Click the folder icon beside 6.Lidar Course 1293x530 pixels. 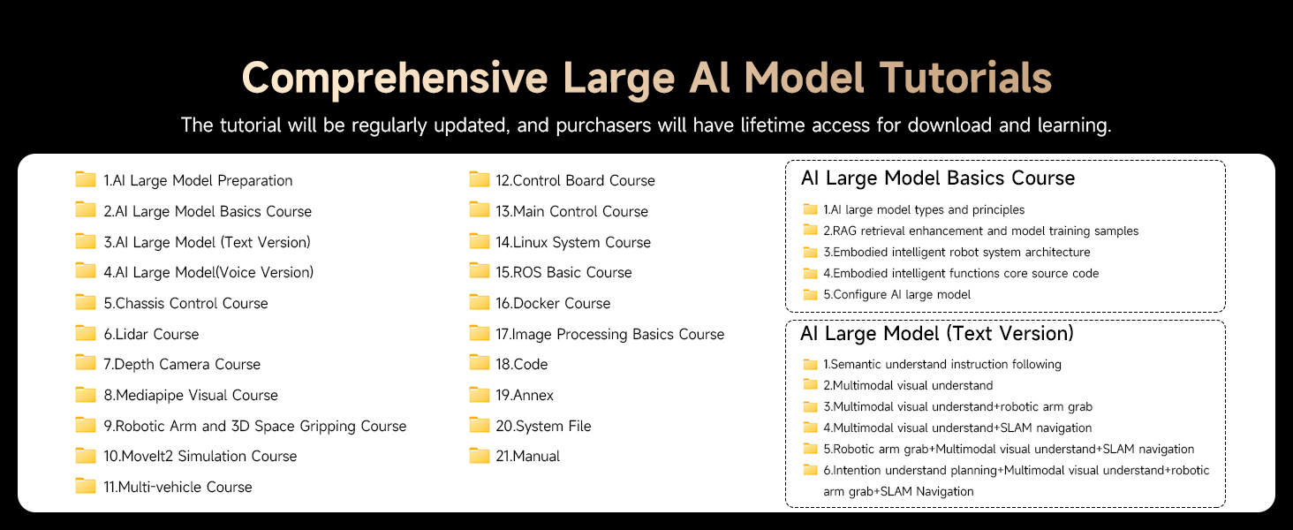(86, 333)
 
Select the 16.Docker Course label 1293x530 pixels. (552, 303)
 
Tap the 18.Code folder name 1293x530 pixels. (521, 364)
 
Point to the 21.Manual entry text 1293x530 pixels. (527, 456)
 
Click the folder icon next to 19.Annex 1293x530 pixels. (479, 394)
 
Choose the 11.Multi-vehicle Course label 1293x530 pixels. (178, 487)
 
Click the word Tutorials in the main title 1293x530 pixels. (965, 78)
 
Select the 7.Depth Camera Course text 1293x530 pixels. (182, 364)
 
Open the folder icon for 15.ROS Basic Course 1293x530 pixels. (479, 271)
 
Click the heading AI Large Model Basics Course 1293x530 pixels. (938, 178)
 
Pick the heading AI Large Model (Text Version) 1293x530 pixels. (937, 333)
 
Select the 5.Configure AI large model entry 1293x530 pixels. (897, 294)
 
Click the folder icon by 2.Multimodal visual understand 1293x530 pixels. (811, 385)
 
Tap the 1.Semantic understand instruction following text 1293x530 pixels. (942, 364)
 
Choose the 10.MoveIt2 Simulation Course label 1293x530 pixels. (200, 456)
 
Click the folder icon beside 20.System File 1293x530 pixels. (479, 425)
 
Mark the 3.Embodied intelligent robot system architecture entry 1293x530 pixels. (957, 253)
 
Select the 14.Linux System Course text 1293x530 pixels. (572, 242)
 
